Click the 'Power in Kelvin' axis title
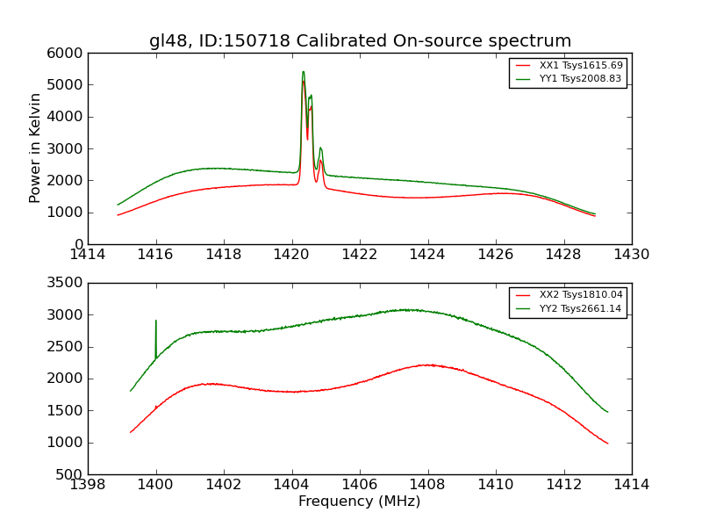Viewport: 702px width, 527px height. [36, 148]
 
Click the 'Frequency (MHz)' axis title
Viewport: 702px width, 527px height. [360, 502]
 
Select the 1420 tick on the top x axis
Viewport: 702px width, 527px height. [292, 255]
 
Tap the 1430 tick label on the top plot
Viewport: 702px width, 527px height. [632, 255]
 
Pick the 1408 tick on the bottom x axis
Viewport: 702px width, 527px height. [428, 485]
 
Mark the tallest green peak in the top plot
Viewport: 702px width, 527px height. [303, 72]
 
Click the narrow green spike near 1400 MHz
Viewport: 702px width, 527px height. [156, 321]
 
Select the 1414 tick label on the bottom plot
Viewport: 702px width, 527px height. [632, 485]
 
